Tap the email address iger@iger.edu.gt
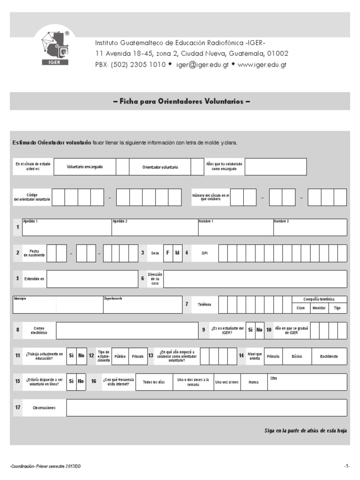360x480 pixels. [x=202, y=65]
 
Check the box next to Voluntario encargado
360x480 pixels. [x=122, y=167]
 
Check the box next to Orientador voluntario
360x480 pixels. [x=197, y=167]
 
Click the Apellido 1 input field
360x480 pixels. [x=66, y=229]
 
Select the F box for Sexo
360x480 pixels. [x=167, y=253]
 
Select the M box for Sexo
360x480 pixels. [x=177, y=253]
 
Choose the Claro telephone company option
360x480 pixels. [x=301, y=308]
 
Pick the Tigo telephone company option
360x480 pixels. [x=337, y=308]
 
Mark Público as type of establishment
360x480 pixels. [x=120, y=356]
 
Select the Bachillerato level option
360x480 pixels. [x=329, y=356]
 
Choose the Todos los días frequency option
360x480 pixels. [x=154, y=382]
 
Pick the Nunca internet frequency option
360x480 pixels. [x=254, y=382]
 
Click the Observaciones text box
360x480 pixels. [x=206, y=408]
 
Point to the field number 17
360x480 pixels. [x=17, y=407]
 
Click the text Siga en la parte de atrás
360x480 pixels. [x=305, y=430]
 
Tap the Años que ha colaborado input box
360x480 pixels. [x=276, y=167]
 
